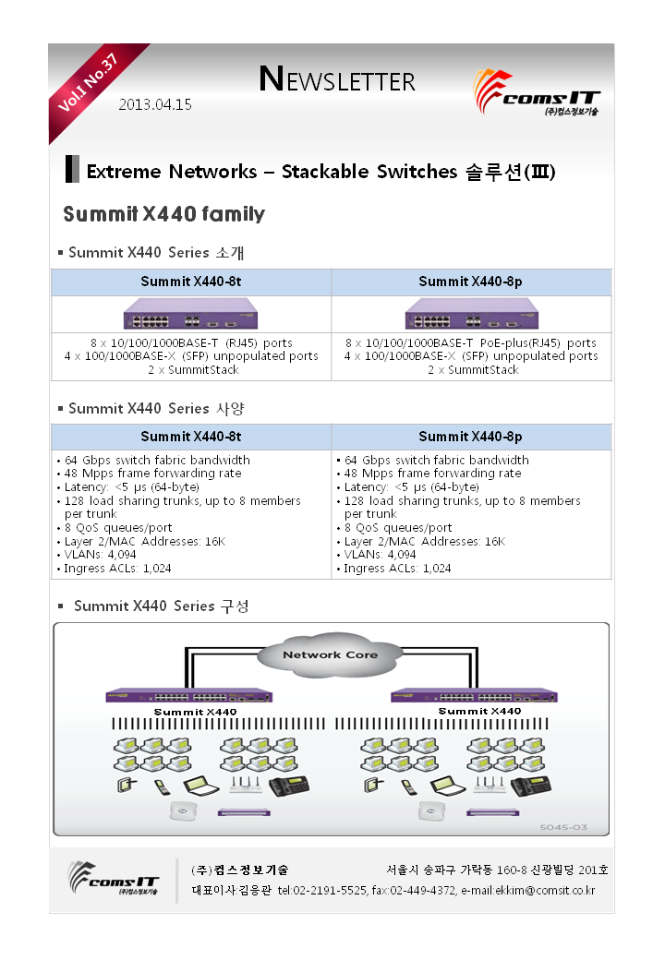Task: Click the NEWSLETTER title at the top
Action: coord(337,79)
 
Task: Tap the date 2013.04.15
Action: coord(155,104)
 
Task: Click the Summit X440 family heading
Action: coord(164,213)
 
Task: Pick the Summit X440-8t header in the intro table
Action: coord(191,282)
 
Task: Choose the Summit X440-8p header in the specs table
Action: coord(470,437)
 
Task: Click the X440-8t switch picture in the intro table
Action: coord(190,314)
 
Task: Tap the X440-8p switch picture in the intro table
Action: coord(471,314)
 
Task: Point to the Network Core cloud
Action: coord(330,655)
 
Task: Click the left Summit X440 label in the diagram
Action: coord(195,712)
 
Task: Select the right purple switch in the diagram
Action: coord(474,696)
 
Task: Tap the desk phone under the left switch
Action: coord(289,786)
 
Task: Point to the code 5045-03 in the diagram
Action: coord(563,827)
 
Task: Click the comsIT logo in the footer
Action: coord(114,879)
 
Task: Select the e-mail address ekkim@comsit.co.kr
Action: coord(545,891)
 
